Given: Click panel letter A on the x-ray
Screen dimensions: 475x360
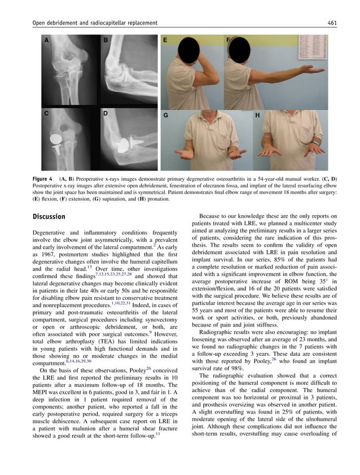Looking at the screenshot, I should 46,40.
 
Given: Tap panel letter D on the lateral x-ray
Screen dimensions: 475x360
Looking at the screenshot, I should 105,114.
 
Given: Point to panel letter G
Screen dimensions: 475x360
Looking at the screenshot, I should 166,115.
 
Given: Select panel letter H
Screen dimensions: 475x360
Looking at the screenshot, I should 257,115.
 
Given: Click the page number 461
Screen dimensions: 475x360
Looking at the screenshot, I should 332,23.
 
